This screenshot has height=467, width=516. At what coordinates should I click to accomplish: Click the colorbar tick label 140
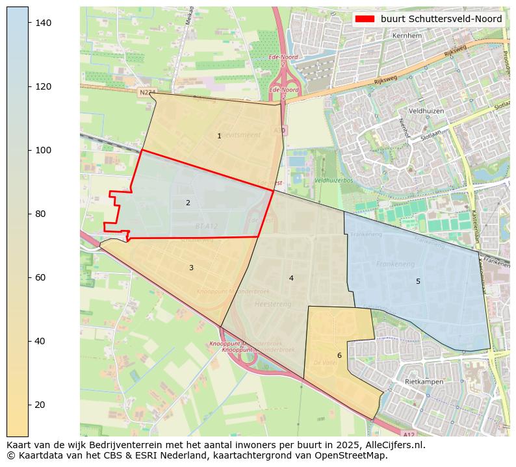[42, 23]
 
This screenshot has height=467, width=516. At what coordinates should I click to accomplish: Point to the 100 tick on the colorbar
[42, 150]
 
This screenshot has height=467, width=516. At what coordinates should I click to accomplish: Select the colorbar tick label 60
[40, 277]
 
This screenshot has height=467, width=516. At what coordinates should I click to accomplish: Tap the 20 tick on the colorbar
[40, 405]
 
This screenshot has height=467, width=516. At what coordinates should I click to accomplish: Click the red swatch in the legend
[365, 19]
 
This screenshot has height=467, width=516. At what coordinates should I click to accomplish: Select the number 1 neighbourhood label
[219, 136]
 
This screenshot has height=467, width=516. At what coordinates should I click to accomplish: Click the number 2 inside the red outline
[188, 203]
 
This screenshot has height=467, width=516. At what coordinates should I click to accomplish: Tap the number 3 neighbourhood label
[191, 268]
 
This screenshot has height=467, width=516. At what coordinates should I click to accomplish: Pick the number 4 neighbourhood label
[291, 278]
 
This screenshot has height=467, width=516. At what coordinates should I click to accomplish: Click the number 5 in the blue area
[418, 281]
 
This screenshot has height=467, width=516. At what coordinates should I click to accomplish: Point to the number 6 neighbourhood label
[339, 355]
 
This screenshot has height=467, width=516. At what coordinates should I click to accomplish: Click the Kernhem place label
[425, 35]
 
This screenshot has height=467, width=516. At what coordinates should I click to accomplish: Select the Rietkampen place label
[424, 382]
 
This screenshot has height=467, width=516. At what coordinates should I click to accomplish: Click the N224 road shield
[147, 93]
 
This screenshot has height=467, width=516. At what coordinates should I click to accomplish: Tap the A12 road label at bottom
[407, 434]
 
